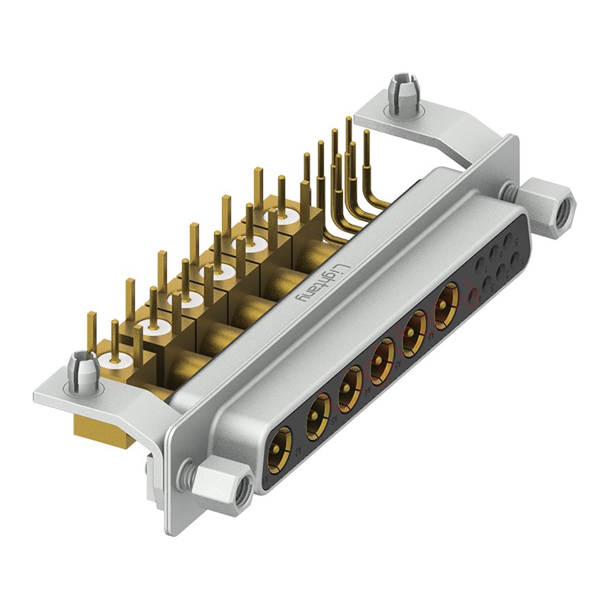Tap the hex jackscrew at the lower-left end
[221, 483]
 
